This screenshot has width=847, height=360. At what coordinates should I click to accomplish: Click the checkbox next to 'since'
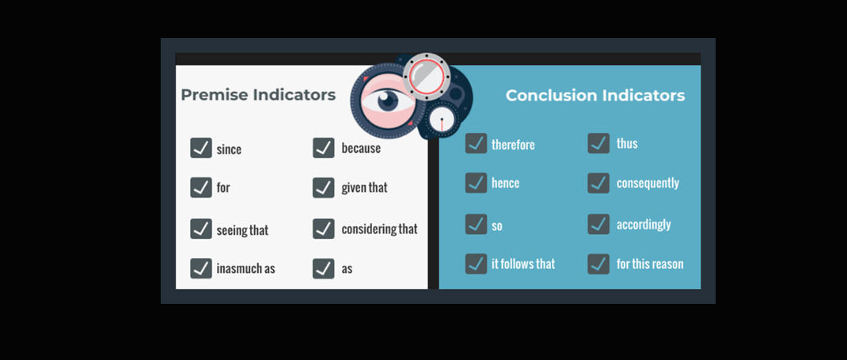[x=201, y=148]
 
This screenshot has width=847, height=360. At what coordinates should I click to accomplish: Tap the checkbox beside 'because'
[x=324, y=148]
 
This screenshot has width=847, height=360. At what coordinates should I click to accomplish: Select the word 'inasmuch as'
[x=245, y=269]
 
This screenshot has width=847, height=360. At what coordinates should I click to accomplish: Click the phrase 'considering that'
[x=379, y=229]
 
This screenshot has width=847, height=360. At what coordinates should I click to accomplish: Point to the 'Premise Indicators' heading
[x=258, y=95]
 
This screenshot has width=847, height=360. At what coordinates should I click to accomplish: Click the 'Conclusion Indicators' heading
[x=595, y=96]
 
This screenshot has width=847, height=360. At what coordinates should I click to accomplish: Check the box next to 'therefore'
[x=476, y=143]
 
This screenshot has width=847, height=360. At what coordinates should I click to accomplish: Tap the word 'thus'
[x=627, y=143]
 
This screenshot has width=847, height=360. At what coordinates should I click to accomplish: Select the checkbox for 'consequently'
[x=598, y=183]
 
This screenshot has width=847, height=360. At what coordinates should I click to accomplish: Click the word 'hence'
[x=506, y=183]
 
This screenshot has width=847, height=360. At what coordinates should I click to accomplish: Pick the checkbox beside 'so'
[x=476, y=224]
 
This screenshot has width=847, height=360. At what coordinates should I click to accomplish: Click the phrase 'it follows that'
[x=523, y=264]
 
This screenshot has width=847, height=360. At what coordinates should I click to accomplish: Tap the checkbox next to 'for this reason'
[x=598, y=264]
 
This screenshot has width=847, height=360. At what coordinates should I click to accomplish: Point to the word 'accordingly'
[x=644, y=225]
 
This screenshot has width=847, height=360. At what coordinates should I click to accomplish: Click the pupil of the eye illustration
[x=387, y=100]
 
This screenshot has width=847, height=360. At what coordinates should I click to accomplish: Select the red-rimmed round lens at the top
[x=427, y=76]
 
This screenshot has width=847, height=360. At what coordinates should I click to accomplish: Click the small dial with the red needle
[x=442, y=119]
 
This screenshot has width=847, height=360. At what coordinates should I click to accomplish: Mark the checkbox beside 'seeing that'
[x=201, y=229]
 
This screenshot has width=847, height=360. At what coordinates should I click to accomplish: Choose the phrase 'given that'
[x=365, y=188]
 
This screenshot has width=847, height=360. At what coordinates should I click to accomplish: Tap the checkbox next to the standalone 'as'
[x=324, y=268]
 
